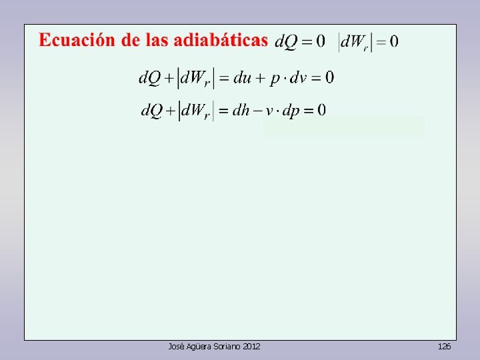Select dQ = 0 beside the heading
tap(300, 42)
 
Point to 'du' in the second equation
tap(244, 78)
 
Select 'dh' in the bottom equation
tap(241, 111)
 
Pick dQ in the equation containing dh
tap(152, 111)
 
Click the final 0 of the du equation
tap(329, 78)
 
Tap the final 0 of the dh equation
tap(321, 111)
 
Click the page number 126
tap(444, 347)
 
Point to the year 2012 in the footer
tap(251, 347)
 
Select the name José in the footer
tap(176, 347)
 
